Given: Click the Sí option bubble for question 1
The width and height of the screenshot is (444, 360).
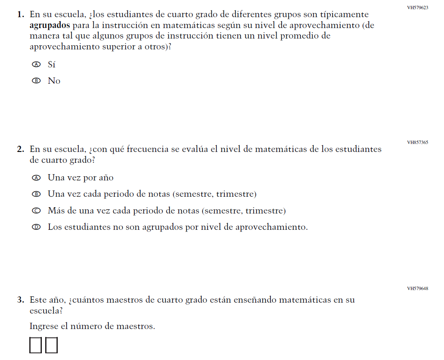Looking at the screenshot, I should pos(36,64).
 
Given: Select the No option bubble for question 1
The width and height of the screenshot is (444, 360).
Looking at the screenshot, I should pos(36,81).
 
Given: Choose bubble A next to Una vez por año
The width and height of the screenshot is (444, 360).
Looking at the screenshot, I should pos(36,177).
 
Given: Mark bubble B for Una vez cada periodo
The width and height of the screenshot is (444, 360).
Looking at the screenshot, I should pos(36,194).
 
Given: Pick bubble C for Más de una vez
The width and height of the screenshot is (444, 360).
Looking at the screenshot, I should pos(36,211).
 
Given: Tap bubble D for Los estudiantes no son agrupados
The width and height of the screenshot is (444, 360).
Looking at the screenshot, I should pos(36,227).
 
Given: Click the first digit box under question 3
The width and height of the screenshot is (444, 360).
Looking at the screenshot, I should pos(36,345).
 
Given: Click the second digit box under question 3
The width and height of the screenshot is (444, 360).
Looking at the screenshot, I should pos(51,345).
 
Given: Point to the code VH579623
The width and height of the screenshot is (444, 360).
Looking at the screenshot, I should pos(417,8).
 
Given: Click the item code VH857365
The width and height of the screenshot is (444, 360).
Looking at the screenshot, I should pos(417,142).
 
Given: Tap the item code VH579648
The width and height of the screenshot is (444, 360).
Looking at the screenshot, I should pos(417,288).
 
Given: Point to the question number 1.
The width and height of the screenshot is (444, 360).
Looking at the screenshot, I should pos(20,15).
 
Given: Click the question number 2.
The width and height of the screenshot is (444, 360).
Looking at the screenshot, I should pos(20,149).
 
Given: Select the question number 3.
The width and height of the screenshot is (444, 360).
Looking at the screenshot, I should pos(20,300).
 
